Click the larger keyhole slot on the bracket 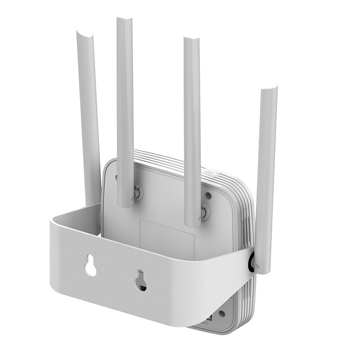tap(91, 266)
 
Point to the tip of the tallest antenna tap(124, 20)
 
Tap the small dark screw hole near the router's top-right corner tap(209, 196)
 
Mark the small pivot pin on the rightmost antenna tap(257, 266)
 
